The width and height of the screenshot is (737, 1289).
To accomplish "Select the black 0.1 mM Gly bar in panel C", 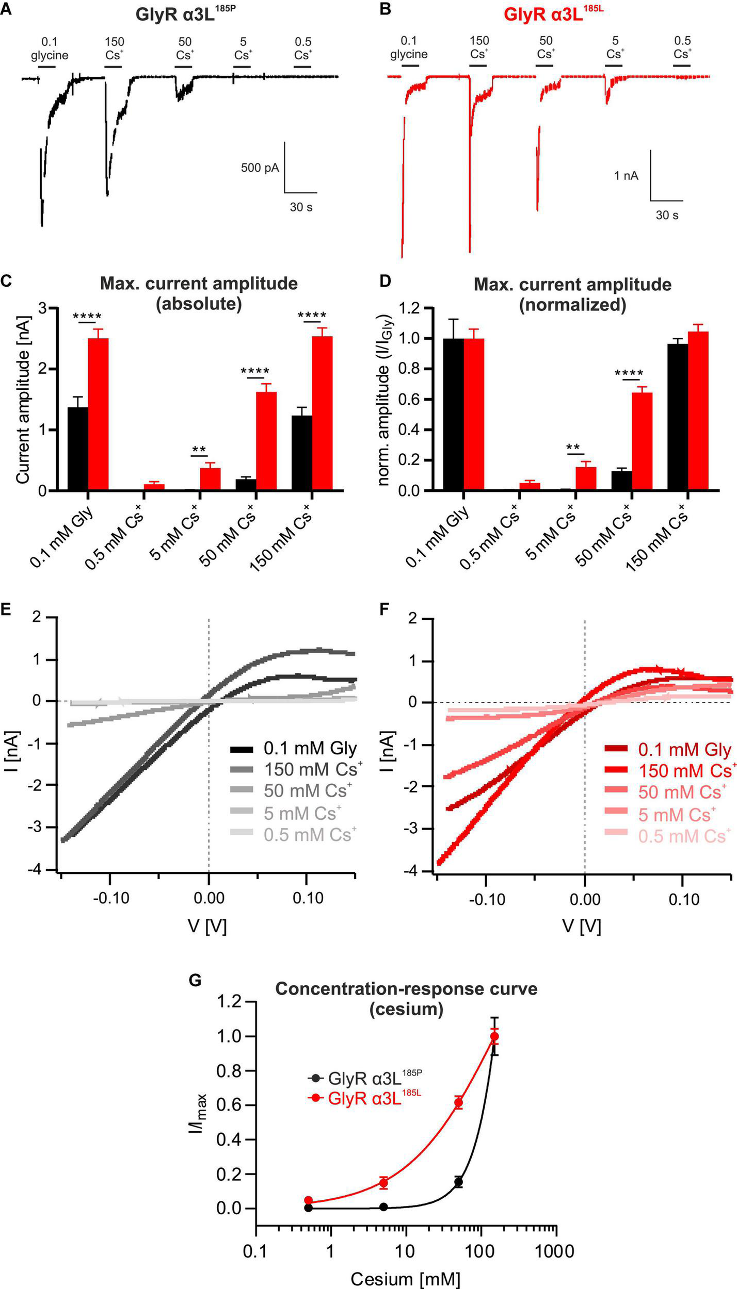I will [x=77, y=449].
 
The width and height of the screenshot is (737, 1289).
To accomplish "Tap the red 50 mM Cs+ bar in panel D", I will [x=642, y=441].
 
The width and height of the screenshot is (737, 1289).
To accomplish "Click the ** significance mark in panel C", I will [x=199, y=450].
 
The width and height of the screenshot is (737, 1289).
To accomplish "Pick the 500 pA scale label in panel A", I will [x=260, y=168].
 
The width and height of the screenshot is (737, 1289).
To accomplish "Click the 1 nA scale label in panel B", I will [x=626, y=176].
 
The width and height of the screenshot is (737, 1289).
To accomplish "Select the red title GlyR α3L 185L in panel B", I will [x=553, y=14].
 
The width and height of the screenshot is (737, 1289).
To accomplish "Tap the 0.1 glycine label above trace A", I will [x=49, y=48].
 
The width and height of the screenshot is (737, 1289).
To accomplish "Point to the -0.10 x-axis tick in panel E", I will [x=111, y=898].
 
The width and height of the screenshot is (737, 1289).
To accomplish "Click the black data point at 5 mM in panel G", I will [x=383, y=1206].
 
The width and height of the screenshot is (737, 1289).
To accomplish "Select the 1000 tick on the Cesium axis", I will [x=555, y=1248].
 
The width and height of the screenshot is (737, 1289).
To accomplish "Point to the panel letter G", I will [x=195, y=980].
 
